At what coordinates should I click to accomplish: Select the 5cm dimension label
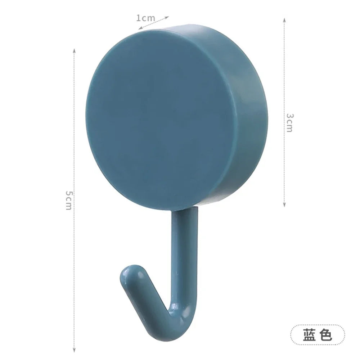(x=69, y=200)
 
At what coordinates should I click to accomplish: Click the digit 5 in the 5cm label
(x=69, y=194)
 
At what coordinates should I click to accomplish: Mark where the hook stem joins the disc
(x=184, y=211)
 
